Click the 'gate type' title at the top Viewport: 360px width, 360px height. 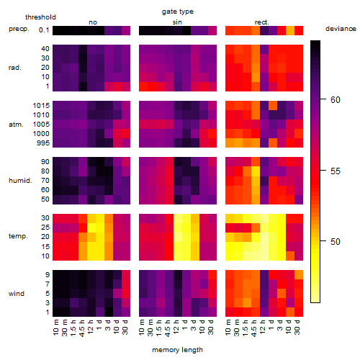tap(178, 12)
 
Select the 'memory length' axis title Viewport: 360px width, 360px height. tap(177, 350)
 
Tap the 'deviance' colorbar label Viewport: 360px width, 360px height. tap(341, 29)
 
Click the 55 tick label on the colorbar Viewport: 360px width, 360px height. tap(336, 171)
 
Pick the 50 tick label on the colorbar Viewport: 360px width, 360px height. tap(336, 242)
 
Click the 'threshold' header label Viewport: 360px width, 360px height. tap(40, 17)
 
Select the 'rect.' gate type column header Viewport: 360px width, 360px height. tap(261, 22)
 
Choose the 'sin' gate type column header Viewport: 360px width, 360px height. tap(177, 22)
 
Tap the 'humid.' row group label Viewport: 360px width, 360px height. tap(20, 181)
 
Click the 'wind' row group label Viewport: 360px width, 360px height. tap(17, 294)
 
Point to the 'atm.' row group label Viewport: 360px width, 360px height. tap(16, 125)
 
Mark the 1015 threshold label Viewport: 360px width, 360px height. tap(41, 106)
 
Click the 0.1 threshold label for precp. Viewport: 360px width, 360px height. tap(44, 30)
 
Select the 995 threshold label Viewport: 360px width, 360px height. tap(43, 143)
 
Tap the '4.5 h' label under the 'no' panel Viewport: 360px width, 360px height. tap(81, 328)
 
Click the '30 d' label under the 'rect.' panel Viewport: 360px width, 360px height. tap(297, 327)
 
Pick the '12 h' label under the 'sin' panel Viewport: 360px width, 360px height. tap(176, 327)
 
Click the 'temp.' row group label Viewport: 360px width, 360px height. tap(18, 236)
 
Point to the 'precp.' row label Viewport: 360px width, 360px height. tap(19, 29)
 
